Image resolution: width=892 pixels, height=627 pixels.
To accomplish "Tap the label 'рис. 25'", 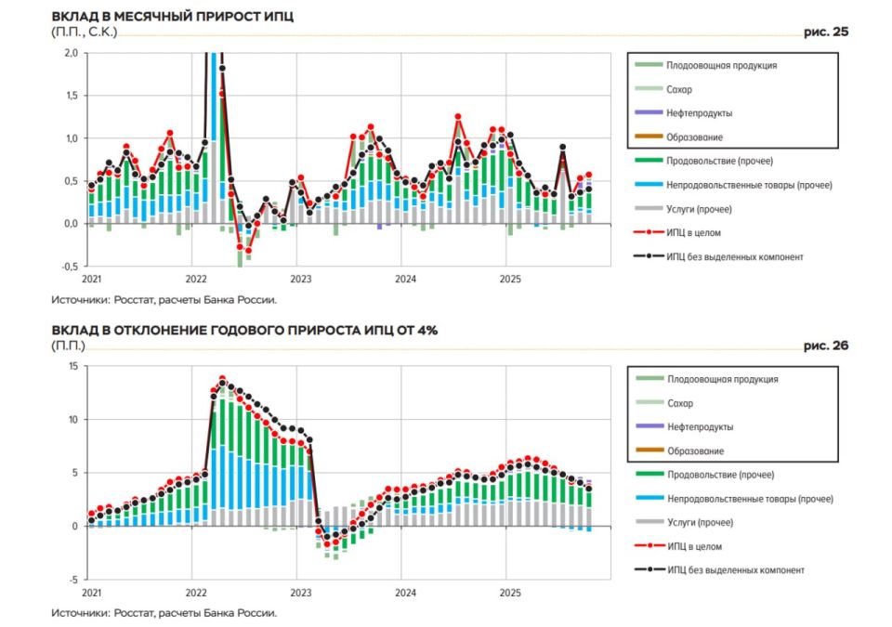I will click(x=826, y=32).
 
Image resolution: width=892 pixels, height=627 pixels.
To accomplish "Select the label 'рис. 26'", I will click(x=826, y=346).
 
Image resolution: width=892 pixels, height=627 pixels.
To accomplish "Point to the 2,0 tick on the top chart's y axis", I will click(x=72, y=53).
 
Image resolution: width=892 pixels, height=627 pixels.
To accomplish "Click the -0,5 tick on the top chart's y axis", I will click(x=70, y=267).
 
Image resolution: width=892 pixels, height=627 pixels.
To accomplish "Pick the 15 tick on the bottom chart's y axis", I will click(x=73, y=366).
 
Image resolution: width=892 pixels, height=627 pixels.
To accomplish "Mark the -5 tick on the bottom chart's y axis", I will click(x=73, y=579).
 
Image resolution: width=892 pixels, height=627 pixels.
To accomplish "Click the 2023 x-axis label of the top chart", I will click(x=300, y=279).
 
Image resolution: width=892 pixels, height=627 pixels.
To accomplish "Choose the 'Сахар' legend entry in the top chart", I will click(x=679, y=90).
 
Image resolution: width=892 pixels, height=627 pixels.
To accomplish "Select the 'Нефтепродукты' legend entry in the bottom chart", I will click(x=700, y=427).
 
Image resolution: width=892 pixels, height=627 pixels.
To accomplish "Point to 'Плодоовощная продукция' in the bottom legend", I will click(x=722, y=379).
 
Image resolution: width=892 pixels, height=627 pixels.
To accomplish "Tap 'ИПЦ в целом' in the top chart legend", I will click(x=693, y=233).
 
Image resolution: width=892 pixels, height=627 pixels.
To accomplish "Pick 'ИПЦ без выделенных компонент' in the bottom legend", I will click(x=735, y=569).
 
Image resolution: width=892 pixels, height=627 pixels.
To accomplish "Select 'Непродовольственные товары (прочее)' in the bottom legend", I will click(x=749, y=499).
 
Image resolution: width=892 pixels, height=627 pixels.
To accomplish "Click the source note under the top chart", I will click(x=164, y=300).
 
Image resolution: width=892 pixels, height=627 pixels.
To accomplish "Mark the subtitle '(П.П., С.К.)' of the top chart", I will click(x=85, y=33).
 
